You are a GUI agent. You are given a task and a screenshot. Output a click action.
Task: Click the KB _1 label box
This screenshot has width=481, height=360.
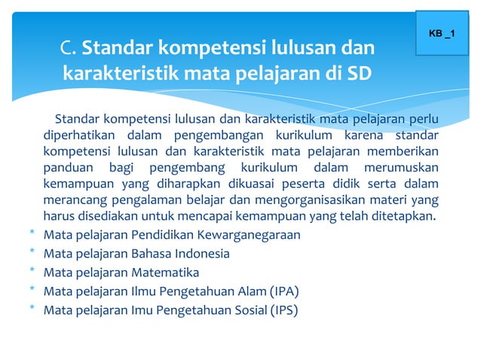point(447,34)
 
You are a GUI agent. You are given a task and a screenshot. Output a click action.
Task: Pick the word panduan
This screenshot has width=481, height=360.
point(68,168)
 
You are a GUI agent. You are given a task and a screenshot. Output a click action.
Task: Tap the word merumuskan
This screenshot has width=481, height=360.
point(403,168)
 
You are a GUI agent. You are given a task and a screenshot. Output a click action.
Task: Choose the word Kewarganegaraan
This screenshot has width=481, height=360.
point(248,235)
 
